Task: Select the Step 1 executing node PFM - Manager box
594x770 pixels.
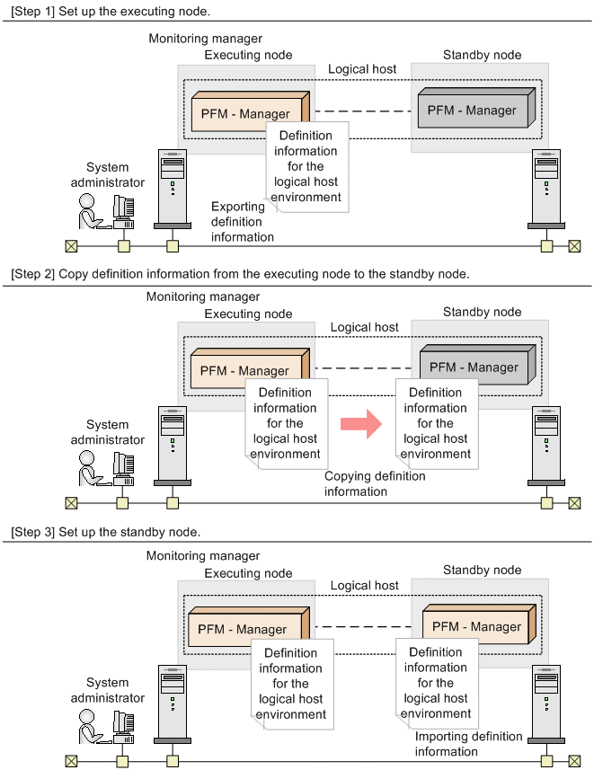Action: [246, 114]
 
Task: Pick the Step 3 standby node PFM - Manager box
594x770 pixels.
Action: [477, 627]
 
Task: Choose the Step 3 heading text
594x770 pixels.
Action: [105, 532]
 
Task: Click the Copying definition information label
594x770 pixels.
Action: [375, 483]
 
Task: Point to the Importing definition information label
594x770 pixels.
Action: [468, 743]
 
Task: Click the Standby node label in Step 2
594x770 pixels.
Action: [482, 312]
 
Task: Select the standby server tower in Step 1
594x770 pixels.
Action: [545, 190]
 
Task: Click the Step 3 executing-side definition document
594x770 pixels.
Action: [291, 682]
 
